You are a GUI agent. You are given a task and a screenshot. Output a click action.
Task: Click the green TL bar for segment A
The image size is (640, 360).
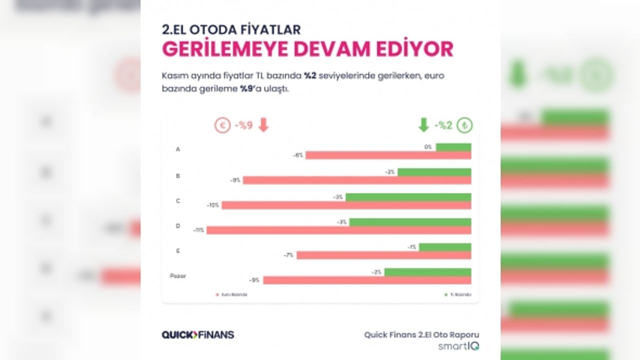pos(453,147)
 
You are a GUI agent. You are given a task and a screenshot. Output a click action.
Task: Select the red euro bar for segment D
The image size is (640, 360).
pos(338,230)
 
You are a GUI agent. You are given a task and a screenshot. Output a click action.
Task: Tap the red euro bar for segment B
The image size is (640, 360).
pos(356,180)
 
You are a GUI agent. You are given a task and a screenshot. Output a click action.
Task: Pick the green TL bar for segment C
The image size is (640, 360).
pos(408,197)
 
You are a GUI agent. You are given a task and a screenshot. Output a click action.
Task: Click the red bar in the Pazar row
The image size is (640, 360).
pos(367,280)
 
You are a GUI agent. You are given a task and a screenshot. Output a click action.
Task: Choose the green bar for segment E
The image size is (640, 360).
pos(445,247)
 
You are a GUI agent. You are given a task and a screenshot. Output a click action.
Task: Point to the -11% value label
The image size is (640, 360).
pos(199,230)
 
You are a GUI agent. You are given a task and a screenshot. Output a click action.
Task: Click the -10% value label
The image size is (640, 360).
pos(213,205)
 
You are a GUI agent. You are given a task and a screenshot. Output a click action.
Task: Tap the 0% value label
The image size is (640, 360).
pos(428,147)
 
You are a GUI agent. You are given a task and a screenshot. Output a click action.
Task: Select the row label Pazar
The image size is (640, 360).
pos(178,275)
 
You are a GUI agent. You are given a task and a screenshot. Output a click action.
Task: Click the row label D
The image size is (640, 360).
pos(178,226)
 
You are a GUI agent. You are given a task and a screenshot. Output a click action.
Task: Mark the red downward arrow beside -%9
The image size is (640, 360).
pos(263,125)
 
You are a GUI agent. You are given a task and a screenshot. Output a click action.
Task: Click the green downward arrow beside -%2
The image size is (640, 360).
pos(423,125)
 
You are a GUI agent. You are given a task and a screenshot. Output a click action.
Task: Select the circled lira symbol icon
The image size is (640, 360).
pos(464,125)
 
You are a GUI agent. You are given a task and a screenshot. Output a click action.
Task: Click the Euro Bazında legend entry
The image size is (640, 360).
pos(232,294)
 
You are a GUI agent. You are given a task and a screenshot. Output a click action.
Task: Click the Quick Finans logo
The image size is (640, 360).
pos(198,334)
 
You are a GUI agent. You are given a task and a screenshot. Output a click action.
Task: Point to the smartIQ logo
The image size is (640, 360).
pos(459,346)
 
